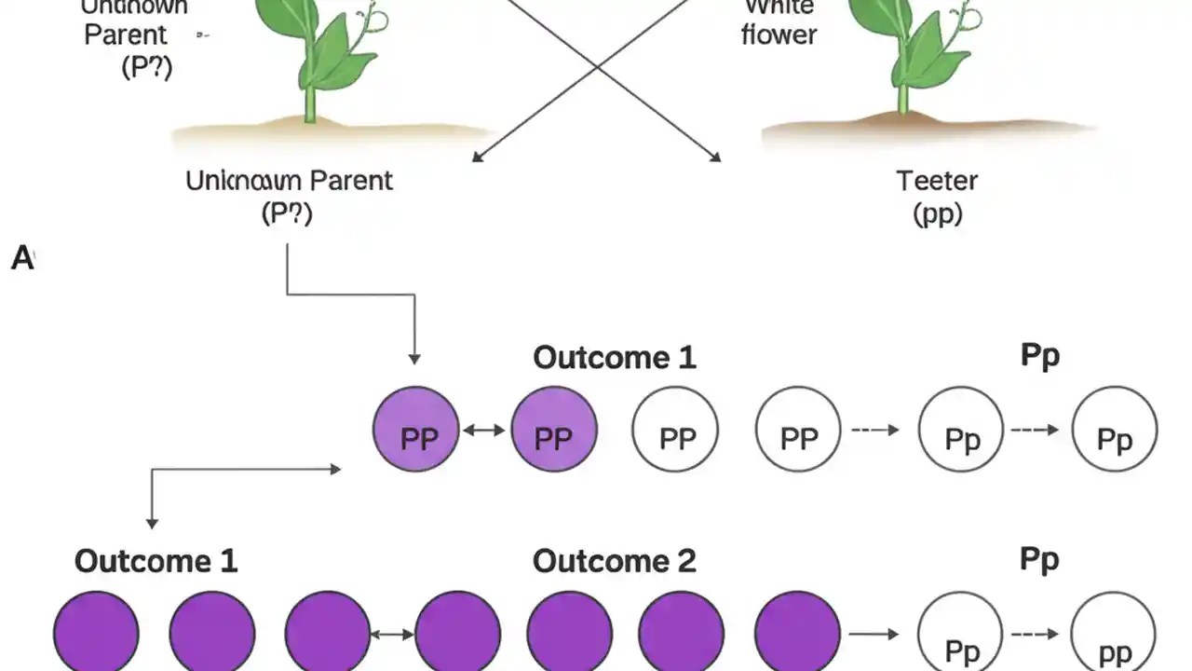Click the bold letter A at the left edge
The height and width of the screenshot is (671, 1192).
point(21,258)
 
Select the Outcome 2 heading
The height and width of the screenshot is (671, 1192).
point(614,561)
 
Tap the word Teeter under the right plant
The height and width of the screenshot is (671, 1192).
point(937,180)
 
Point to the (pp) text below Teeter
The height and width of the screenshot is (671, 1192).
point(937,214)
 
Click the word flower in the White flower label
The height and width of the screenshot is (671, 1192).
point(779,35)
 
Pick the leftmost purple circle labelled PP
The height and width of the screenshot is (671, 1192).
point(415,431)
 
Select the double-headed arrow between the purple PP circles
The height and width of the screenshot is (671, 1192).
point(484,431)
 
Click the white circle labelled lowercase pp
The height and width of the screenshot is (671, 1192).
point(1114,636)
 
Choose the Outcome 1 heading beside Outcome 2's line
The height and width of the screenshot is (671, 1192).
point(156,561)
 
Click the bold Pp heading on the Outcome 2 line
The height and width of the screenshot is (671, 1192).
point(1039,559)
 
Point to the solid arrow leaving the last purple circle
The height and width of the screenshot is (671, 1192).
point(873,635)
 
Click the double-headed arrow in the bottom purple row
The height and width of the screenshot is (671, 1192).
point(392,635)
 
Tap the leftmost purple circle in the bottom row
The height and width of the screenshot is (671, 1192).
point(96,634)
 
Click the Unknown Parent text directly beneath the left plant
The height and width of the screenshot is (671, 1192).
point(289,180)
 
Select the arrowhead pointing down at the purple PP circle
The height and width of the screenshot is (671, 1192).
point(414,359)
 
